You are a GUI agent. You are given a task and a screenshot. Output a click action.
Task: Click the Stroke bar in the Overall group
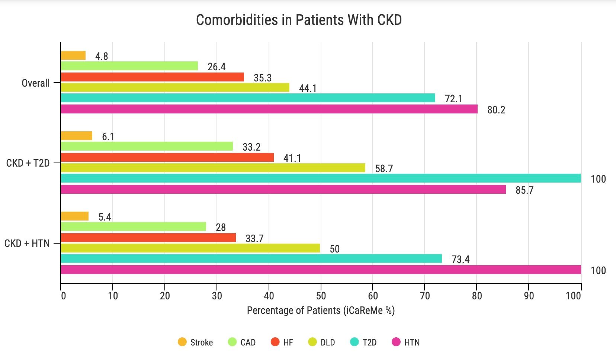point(73,55)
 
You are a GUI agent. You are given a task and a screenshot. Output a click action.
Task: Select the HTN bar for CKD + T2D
point(283,189)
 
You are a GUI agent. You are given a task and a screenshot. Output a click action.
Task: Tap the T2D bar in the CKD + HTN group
point(251,258)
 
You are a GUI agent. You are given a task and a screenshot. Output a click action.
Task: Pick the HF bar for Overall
point(152,77)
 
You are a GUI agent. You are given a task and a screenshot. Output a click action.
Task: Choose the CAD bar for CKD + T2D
point(147,146)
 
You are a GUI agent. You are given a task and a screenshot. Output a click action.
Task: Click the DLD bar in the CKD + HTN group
point(190,248)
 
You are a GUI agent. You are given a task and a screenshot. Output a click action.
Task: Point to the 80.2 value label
point(496,110)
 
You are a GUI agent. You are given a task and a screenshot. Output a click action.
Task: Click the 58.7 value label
point(384,168)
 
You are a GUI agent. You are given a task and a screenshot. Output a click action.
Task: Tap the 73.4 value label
point(461,259)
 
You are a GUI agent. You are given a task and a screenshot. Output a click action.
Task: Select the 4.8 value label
point(102,56)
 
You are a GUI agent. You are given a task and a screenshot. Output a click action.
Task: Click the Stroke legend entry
point(196,342)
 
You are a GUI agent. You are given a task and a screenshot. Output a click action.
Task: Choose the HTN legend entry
point(406,342)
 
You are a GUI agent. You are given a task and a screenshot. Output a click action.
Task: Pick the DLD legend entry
point(322,342)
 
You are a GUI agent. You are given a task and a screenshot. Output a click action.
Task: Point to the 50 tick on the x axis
point(321,296)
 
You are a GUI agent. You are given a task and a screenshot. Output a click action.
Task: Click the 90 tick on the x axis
point(529,296)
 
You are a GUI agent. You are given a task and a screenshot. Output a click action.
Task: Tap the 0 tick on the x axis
point(63,296)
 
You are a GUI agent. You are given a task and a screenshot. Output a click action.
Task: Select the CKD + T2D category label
point(28,163)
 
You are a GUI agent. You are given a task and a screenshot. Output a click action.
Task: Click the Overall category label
point(36,83)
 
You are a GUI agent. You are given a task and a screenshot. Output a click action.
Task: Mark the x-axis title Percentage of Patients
point(321,311)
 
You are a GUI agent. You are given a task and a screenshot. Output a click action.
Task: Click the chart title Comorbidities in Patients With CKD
point(299,20)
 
